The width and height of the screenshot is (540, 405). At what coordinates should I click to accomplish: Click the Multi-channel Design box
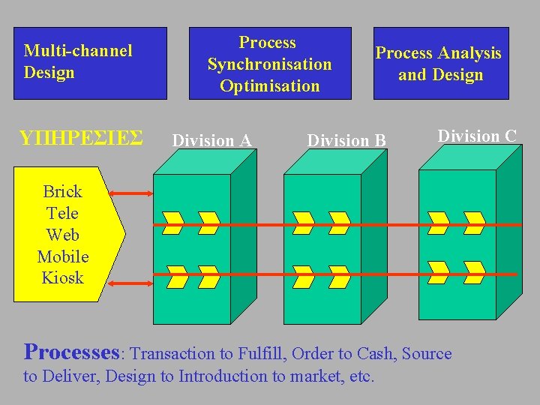(x=90, y=63)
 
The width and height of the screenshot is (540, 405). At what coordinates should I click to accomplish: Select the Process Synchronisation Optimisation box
(x=269, y=64)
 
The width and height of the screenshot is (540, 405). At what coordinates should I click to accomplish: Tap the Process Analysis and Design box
(x=440, y=63)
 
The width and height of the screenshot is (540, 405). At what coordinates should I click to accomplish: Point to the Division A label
(x=212, y=140)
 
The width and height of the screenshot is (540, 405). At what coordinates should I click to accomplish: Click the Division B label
(x=346, y=140)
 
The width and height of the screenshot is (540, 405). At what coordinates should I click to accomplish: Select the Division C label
(x=477, y=136)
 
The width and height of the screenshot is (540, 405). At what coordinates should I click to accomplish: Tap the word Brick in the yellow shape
(x=63, y=191)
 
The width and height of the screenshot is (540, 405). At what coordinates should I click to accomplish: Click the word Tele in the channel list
(x=63, y=213)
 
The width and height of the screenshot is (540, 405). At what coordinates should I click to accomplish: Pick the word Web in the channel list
(x=63, y=235)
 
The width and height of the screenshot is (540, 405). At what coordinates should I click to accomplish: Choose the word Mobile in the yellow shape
(x=63, y=256)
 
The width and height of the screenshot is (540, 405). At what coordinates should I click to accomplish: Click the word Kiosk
(x=63, y=277)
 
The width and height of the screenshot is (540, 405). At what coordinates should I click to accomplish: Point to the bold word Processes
(x=72, y=351)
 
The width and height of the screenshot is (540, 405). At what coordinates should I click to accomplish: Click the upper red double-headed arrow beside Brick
(x=132, y=194)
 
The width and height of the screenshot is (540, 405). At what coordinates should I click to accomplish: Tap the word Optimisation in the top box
(x=270, y=85)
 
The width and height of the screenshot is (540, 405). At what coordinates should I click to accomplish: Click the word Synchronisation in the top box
(x=270, y=64)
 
